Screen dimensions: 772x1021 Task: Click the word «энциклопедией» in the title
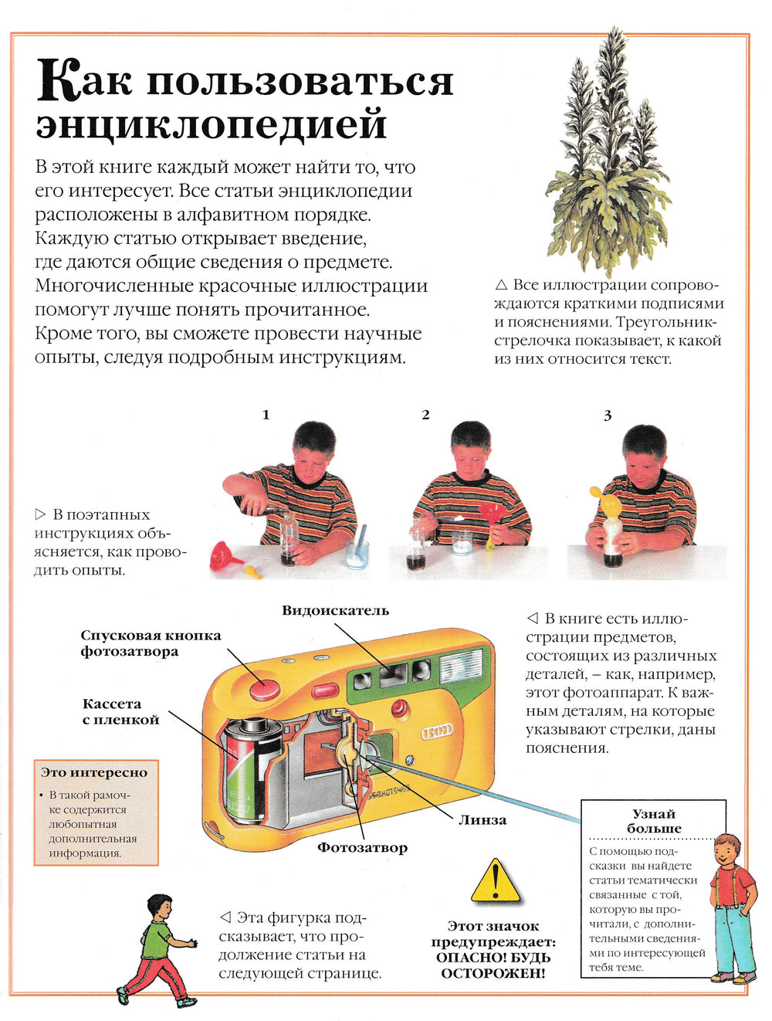(211, 124)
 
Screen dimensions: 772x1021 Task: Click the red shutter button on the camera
(265, 689)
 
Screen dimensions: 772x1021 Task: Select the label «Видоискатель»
(335, 611)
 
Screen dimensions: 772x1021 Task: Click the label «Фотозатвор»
(362, 847)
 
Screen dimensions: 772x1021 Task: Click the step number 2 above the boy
(425, 415)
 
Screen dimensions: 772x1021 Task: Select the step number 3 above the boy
(607, 416)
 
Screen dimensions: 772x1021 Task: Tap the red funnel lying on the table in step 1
(227, 556)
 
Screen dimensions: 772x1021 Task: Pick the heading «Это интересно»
(94, 772)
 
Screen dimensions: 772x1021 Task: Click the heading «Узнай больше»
(653, 821)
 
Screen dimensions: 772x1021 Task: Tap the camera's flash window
(461, 665)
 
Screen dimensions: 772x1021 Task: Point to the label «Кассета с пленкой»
(120, 711)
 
